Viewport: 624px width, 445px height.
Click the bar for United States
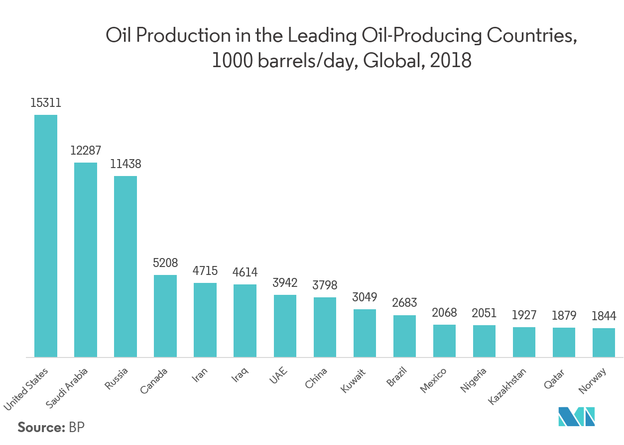point(45,236)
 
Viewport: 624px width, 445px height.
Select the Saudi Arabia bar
point(85,260)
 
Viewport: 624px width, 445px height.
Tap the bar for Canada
point(165,316)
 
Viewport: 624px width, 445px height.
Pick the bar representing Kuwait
point(365,333)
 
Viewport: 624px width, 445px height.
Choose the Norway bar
point(604,343)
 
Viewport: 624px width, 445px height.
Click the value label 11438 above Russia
point(125,164)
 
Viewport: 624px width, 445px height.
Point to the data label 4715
point(205,271)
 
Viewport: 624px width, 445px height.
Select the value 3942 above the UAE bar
point(284,283)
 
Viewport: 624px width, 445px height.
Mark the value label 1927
point(524,315)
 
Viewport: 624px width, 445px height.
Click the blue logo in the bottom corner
point(577,416)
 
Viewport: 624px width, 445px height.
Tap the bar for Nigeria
point(484,341)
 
